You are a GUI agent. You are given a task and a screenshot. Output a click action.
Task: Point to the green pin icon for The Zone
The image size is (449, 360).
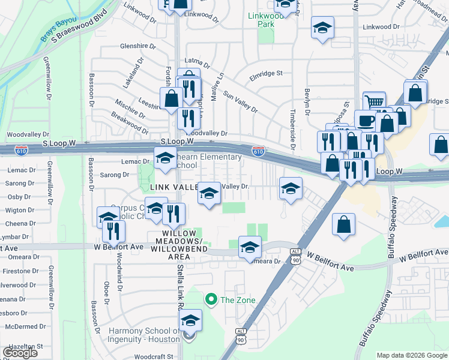tap(211, 299)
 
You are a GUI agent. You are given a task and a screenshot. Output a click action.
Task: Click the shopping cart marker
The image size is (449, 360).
tap(374, 101)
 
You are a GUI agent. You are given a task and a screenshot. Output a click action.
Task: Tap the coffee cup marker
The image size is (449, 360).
tap(365, 120)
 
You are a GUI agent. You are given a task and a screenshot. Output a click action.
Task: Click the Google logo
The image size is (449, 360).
tap(20, 352)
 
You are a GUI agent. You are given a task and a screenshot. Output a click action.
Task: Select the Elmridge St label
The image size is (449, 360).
tap(266, 74)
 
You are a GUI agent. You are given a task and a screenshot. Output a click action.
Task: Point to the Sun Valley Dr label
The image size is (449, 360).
tap(240, 102)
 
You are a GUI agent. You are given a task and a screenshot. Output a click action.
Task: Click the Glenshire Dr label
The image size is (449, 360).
tap(137, 46)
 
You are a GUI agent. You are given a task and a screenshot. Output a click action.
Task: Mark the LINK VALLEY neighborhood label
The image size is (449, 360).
tap(173, 187)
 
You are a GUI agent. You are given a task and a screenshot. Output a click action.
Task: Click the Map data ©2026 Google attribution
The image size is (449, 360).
tap(411, 355)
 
